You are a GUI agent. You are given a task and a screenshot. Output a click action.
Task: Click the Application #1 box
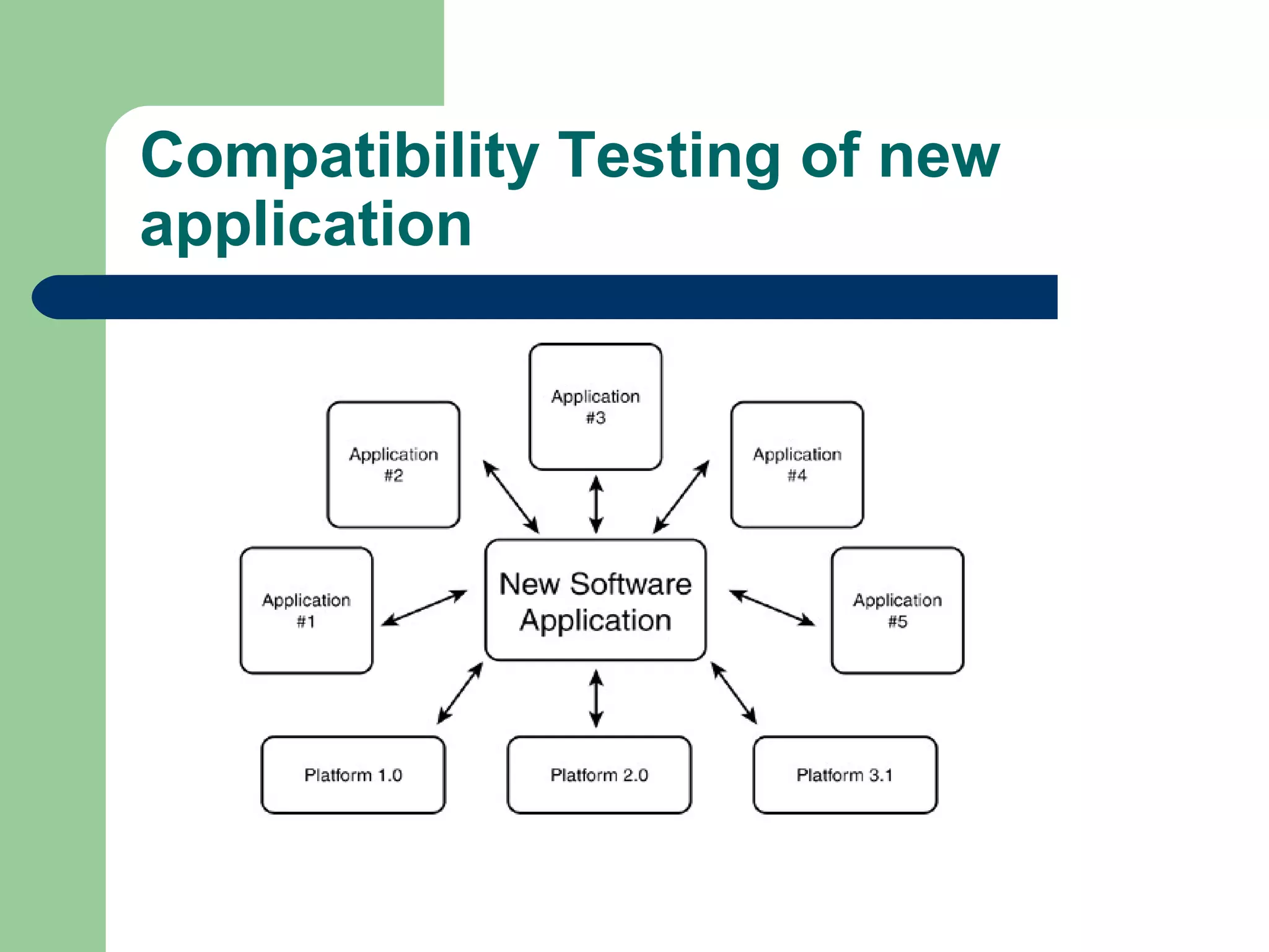coord(306,610)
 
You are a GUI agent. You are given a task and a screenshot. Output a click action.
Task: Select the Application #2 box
coord(393,465)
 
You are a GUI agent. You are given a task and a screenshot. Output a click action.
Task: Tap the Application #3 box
coord(595,407)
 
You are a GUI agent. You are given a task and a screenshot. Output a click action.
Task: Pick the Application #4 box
coord(797,465)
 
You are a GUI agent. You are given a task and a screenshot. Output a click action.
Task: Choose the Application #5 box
coord(897,610)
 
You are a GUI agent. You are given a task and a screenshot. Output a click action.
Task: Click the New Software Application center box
coord(595,600)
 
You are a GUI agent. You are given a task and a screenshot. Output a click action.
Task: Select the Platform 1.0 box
coord(353,775)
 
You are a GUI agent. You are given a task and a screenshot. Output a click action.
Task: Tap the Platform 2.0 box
coord(599,775)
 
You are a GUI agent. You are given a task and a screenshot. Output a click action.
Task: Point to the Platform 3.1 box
coord(845,775)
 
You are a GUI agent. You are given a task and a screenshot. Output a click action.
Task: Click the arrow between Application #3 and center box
coord(596,504)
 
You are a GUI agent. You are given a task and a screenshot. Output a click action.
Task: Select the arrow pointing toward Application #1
coord(424,607)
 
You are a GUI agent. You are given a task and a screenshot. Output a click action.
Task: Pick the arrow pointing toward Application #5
coord(772,607)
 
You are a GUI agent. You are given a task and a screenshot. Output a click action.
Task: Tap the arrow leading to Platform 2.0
coord(596,698)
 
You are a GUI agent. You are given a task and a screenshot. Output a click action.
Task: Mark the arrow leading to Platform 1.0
coord(460,693)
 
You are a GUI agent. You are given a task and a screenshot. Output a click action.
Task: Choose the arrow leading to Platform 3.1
coord(734,693)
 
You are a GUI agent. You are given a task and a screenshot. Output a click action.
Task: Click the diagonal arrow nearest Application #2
coord(511,496)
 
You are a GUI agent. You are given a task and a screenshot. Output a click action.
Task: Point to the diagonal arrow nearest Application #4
coord(681,496)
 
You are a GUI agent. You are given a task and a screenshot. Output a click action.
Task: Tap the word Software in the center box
coord(630,584)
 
